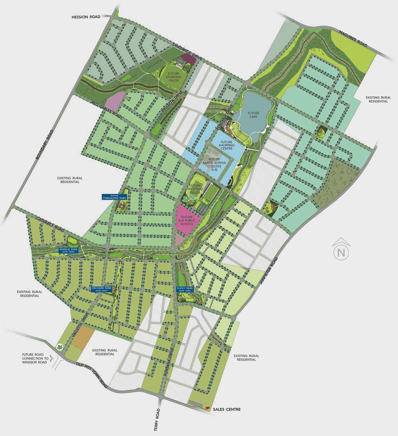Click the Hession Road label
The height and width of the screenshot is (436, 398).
click(x=86, y=17)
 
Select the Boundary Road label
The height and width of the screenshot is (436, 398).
click(x=44, y=145)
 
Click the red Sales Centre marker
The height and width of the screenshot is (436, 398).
click(x=207, y=408)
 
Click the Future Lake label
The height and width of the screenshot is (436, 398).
click(x=253, y=115)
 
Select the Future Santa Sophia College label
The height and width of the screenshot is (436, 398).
click(x=214, y=164)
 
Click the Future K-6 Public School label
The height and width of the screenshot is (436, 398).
click(x=187, y=220)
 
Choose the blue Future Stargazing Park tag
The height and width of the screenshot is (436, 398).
click(x=114, y=197)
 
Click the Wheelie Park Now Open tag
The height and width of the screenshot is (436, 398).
click(x=69, y=250)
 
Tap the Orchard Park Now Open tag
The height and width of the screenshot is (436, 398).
click(x=101, y=289)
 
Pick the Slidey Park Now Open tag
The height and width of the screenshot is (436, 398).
click(x=185, y=289)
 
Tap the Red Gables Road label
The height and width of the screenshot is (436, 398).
click(x=107, y=110)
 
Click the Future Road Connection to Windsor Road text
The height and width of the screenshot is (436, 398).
click(x=35, y=358)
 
